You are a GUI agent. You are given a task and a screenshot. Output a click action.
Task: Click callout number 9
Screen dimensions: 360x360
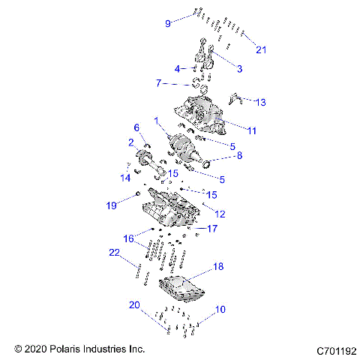[168, 23]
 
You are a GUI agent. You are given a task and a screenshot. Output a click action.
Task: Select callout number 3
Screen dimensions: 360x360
[239, 69]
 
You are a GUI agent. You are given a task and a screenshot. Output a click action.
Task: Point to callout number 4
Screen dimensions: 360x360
[178, 69]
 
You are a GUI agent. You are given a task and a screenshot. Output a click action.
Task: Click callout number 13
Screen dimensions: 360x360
[260, 101]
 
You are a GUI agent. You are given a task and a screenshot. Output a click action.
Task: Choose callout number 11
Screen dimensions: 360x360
[252, 130]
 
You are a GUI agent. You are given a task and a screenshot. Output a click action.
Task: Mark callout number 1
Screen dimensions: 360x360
[157, 120]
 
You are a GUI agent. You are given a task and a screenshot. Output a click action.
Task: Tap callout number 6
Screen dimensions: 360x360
[136, 127]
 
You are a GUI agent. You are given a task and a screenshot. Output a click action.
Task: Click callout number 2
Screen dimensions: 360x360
[130, 142]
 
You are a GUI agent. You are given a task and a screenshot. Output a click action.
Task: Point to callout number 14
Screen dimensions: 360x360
[126, 178]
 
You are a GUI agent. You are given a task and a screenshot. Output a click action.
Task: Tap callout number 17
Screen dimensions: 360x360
[212, 228]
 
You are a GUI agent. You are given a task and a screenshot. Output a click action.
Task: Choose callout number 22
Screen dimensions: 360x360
[115, 253]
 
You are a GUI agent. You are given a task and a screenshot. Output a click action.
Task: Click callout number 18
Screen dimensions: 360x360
[218, 266]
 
